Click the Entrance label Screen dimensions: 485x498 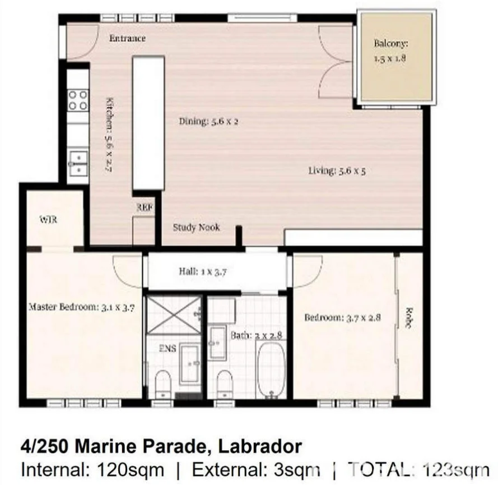(x=127, y=38)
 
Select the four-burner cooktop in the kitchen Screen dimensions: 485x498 (x=78, y=100)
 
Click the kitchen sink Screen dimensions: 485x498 (x=78, y=163)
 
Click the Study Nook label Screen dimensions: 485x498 (x=196, y=227)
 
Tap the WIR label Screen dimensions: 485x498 (x=48, y=220)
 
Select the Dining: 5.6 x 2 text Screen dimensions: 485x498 (x=208, y=121)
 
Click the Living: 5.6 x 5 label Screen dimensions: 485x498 (x=337, y=170)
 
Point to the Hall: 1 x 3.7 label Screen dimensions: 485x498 (x=202, y=271)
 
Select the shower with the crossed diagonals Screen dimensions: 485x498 (x=174, y=316)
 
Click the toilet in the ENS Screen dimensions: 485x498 (x=162, y=382)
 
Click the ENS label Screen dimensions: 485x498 (x=167, y=349)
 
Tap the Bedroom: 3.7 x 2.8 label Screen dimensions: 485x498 (x=342, y=317)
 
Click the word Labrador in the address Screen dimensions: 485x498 (x=259, y=447)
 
